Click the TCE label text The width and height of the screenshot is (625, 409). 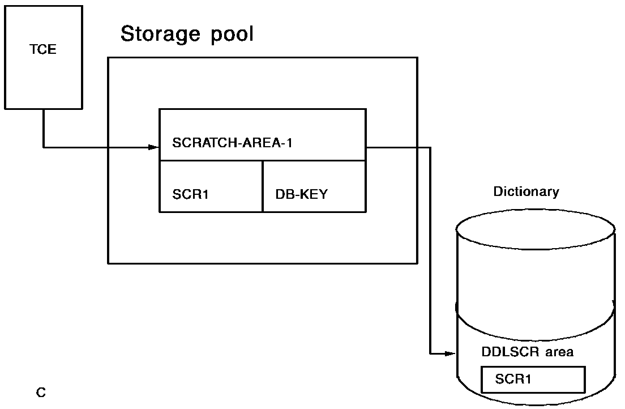(x=43, y=49)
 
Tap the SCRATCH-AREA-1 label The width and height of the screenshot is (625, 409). (x=232, y=142)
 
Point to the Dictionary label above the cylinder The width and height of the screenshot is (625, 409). (x=526, y=191)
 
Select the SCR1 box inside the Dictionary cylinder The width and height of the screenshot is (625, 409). (x=533, y=379)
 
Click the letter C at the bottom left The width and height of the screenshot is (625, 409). (x=41, y=391)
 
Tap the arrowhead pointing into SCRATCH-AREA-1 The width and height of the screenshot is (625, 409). (x=153, y=147)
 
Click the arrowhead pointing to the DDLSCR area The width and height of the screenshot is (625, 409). (x=450, y=353)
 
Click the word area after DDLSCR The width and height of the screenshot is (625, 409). (x=559, y=352)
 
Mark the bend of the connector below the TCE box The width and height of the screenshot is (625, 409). (x=44, y=147)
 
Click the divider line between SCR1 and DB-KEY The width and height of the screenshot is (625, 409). (x=263, y=186)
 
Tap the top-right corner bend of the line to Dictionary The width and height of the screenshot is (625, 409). (x=430, y=147)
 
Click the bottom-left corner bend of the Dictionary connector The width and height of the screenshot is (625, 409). (x=430, y=353)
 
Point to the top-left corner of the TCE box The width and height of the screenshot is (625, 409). (x=5, y=6)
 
